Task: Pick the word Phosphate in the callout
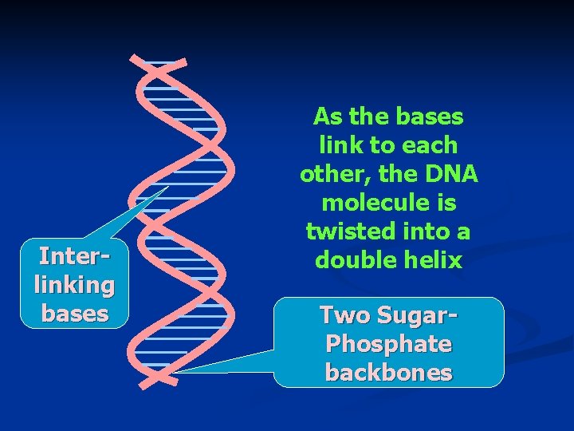(x=389, y=344)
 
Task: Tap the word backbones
(x=389, y=373)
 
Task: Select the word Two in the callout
(x=345, y=315)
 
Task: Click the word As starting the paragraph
(x=326, y=117)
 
